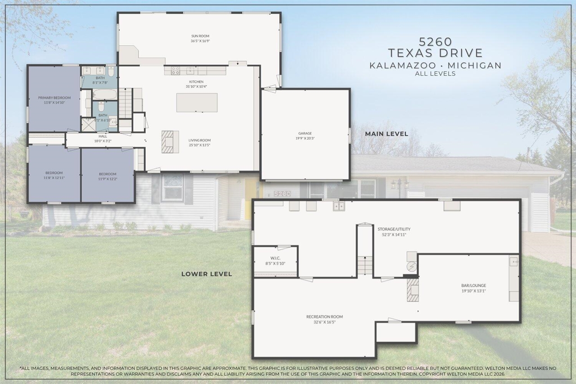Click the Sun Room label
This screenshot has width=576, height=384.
point(200,36)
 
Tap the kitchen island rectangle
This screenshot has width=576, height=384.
point(197,103)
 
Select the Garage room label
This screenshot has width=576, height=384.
point(305,133)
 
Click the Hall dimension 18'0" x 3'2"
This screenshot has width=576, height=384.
point(103,141)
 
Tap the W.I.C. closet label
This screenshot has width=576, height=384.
point(275,258)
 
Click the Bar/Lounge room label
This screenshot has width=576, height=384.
point(473,285)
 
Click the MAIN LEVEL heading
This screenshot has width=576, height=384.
point(387,134)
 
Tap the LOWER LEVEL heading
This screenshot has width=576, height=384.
point(207,274)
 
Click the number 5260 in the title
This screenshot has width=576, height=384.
point(435,42)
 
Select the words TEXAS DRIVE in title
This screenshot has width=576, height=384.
point(435,53)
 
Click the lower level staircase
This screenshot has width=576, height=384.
point(365,265)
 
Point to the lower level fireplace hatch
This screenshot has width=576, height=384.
point(413,289)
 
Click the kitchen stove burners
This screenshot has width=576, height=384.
point(175,71)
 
